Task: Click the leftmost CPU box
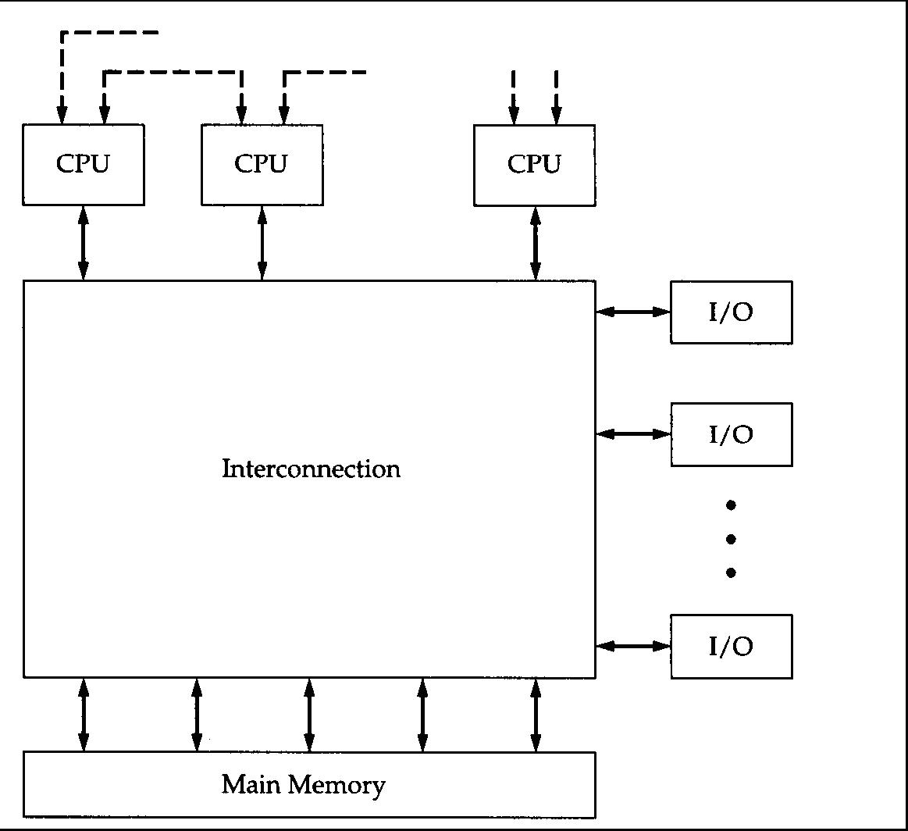pyautogui.click(x=84, y=164)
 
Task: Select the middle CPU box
pyautogui.click(x=262, y=164)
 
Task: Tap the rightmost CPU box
pyautogui.click(x=535, y=164)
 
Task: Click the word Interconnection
pyautogui.click(x=311, y=469)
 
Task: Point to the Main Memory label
pyautogui.click(x=303, y=784)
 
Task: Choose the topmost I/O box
pyautogui.click(x=732, y=312)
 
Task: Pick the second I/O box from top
pyautogui.click(x=732, y=434)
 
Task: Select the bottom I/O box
pyautogui.click(x=732, y=646)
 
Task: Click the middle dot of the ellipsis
pyautogui.click(x=732, y=539)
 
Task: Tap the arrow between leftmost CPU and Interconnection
pyautogui.click(x=84, y=243)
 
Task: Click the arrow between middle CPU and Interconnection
pyautogui.click(x=262, y=243)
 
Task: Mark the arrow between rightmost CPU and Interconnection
pyautogui.click(x=536, y=243)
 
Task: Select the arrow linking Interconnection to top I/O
pyautogui.click(x=633, y=312)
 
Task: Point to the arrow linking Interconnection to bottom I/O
pyautogui.click(x=633, y=646)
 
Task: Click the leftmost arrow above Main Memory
pyautogui.click(x=84, y=715)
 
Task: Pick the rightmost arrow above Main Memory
pyautogui.click(x=536, y=715)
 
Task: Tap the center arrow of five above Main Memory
pyautogui.click(x=309, y=715)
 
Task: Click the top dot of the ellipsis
pyautogui.click(x=732, y=505)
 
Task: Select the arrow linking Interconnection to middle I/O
pyautogui.click(x=633, y=433)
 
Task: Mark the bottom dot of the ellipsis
pyautogui.click(x=732, y=572)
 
